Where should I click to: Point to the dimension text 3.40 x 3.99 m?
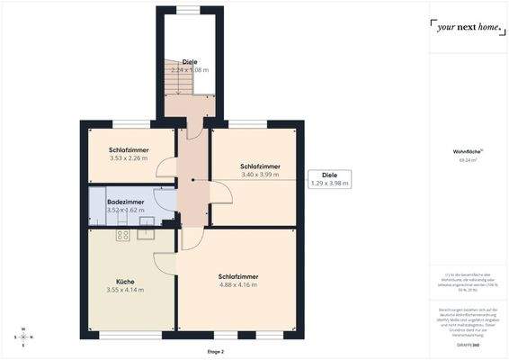pyautogui.click(x=260, y=175)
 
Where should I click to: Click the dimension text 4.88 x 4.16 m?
pyautogui.click(x=237, y=285)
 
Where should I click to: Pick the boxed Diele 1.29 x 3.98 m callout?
pyautogui.click(x=329, y=178)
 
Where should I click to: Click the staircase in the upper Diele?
pyautogui.click(x=174, y=84)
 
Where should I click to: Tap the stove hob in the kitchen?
pyautogui.click(x=123, y=236)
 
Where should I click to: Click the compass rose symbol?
pyautogui.click(x=24, y=337)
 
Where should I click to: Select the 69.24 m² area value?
pyautogui.click(x=467, y=161)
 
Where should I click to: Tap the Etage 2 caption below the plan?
pyautogui.click(x=215, y=352)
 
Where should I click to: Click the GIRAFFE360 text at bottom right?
pyautogui.click(x=467, y=345)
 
